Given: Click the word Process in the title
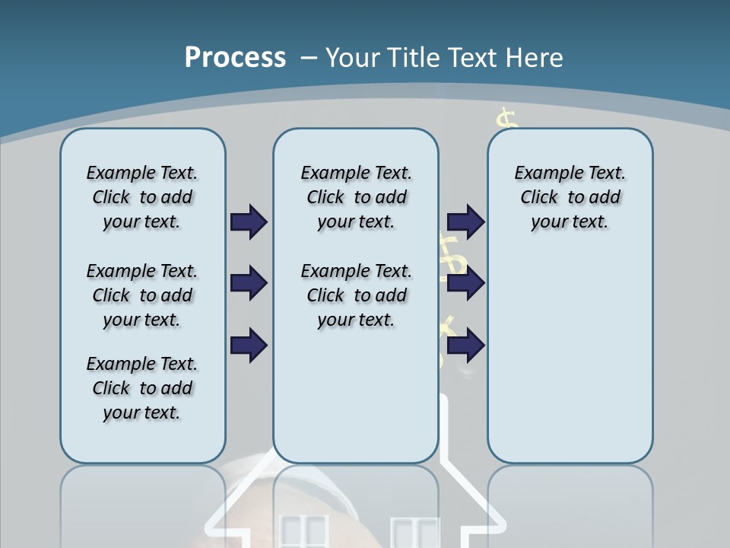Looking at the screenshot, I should [235, 57].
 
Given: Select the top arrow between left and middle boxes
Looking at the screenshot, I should [249, 221].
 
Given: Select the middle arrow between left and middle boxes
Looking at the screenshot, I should [249, 284].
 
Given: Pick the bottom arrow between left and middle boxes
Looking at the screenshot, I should [249, 346].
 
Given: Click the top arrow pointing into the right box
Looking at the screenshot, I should [465, 221].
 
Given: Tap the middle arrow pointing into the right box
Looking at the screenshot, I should [465, 284].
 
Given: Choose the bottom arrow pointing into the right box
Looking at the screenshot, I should [465, 346].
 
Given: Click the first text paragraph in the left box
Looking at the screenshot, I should [142, 197].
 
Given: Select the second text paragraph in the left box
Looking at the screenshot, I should [142, 295].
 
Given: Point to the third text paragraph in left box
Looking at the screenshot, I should [142, 388].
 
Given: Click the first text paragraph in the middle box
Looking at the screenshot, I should [356, 197].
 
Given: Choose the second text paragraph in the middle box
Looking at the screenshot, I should [356, 295].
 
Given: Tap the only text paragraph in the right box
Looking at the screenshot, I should [570, 197].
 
